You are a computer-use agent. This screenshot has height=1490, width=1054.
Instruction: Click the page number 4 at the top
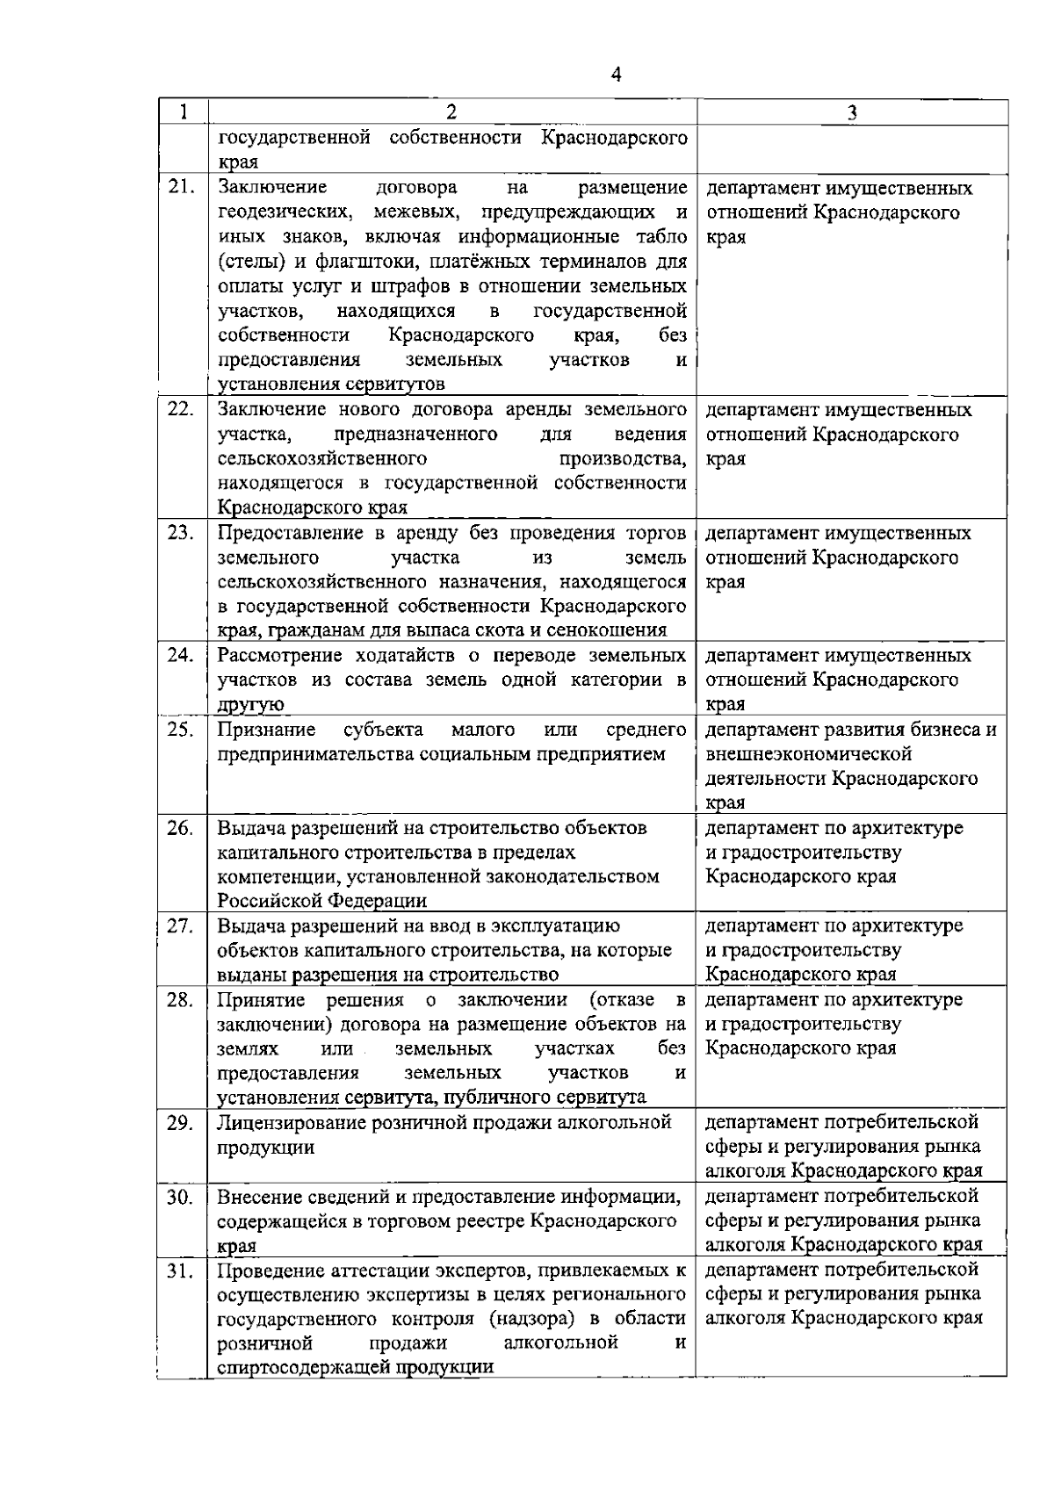(615, 76)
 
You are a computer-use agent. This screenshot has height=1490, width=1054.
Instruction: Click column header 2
(451, 112)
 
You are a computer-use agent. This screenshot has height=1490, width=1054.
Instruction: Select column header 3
(852, 112)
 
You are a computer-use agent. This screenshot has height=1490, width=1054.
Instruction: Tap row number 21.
(180, 188)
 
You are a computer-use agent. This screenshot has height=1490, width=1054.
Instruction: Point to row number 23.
(180, 534)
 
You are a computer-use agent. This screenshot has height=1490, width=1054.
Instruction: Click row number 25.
(180, 731)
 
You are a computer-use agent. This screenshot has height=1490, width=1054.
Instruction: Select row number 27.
(180, 926)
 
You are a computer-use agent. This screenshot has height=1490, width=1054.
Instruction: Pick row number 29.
(180, 1123)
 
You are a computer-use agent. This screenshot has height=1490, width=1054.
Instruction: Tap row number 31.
(180, 1270)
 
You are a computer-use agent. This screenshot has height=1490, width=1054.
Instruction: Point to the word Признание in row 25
(267, 730)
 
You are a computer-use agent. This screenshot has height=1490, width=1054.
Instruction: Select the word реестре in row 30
(496, 1220)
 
